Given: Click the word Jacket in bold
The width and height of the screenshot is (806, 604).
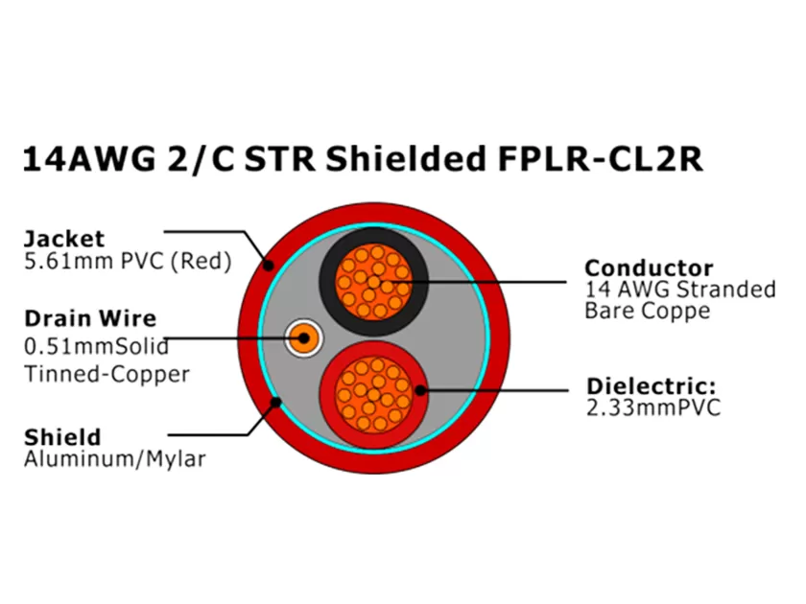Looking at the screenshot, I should [x=64, y=238].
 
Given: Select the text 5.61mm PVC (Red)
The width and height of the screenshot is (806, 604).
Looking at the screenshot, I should [x=128, y=261].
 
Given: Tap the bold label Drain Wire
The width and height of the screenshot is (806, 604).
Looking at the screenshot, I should [x=89, y=318].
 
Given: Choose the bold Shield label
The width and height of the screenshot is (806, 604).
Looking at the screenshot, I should [x=62, y=437].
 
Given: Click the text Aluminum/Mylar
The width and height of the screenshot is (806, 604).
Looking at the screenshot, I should [x=115, y=460].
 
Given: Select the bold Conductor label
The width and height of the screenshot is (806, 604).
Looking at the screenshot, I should [x=650, y=267].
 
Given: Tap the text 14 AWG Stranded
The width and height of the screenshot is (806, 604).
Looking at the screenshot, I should [x=680, y=290].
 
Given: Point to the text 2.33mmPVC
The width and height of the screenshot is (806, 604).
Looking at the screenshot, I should [x=652, y=408].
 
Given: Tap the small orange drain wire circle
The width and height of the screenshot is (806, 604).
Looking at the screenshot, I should [x=304, y=337].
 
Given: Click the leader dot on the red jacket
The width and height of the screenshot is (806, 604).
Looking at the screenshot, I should [x=271, y=266].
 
